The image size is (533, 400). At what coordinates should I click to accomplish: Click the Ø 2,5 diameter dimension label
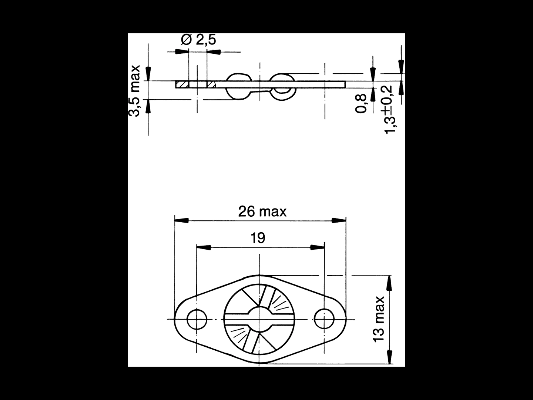pos(198,40)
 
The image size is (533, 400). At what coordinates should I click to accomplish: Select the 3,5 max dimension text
pos(134,91)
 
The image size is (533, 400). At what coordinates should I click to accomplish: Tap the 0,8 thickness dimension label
pos(361,104)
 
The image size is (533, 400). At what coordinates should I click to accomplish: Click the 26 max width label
pos(262,211)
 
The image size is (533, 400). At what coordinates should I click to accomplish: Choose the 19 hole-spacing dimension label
pos(258,238)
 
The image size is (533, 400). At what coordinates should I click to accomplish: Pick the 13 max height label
pos(379,319)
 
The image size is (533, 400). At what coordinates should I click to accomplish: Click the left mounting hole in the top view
pos(197,319)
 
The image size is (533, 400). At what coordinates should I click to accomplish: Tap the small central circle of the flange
pos(259,319)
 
